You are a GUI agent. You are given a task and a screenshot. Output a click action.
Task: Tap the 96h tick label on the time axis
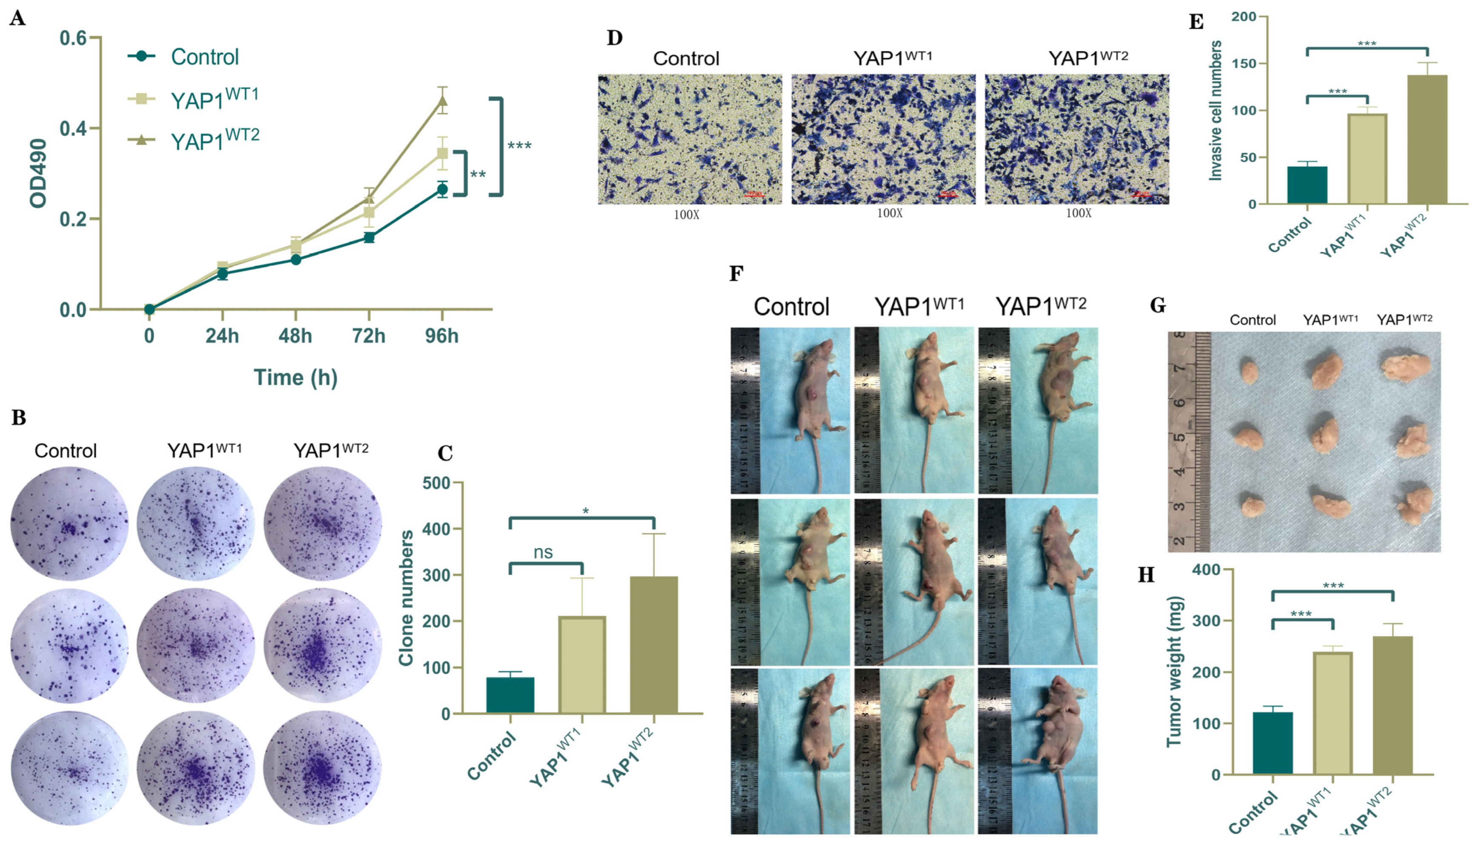(x=442, y=336)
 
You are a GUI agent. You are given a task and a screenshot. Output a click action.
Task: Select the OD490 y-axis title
(x=38, y=173)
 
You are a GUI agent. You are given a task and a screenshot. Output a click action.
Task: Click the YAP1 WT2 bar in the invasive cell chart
(x=1427, y=140)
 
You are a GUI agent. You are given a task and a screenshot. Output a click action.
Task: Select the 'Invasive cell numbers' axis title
(x=1214, y=110)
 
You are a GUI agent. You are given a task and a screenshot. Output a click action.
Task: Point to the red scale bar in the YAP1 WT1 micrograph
(x=947, y=194)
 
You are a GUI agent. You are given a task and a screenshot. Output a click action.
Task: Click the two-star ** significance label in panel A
(x=478, y=174)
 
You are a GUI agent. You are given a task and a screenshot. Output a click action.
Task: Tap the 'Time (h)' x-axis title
(x=295, y=378)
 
